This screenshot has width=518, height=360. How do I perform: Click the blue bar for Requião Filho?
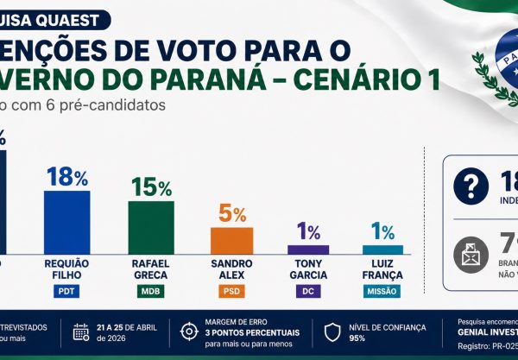click(x=66, y=221)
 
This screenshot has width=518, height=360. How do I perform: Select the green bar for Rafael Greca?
click(x=151, y=226)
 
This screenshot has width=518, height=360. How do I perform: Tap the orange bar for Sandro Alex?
click(x=231, y=239)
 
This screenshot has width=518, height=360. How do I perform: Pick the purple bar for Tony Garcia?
click(x=308, y=249)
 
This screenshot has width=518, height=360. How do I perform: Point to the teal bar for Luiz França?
click(x=382, y=249)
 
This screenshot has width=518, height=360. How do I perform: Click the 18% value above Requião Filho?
click(x=67, y=178)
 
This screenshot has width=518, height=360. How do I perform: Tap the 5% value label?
click(x=231, y=214)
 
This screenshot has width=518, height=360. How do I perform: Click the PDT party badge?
click(x=66, y=291)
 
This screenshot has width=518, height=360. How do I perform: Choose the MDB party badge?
click(x=151, y=291)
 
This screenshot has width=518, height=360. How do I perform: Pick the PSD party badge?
click(x=231, y=291)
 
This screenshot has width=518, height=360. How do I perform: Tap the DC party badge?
click(x=308, y=291)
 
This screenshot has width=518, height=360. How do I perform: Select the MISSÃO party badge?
click(x=382, y=291)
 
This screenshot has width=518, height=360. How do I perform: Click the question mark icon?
click(x=471, y=185)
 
